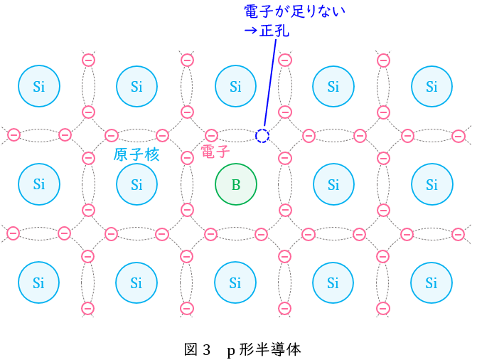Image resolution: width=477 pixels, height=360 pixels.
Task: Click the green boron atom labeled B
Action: pos(236,184)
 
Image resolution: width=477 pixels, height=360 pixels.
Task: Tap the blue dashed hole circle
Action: pos(262,136)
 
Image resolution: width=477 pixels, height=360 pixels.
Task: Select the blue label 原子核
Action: pos(136,154)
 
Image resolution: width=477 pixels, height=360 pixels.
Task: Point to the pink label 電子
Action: pos(215,152)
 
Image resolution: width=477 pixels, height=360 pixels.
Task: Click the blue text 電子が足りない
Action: pos(294,11)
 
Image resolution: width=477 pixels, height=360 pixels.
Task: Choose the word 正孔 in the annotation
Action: pos(274,31)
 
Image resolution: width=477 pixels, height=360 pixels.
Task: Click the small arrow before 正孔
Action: pos(250,31)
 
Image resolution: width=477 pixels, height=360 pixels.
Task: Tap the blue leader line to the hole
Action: pos(270,83)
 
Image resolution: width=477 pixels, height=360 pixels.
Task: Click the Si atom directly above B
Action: pos(236,86)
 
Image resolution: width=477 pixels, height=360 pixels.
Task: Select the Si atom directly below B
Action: pos(235,282)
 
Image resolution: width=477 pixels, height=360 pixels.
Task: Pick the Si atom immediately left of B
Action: pos(137,184)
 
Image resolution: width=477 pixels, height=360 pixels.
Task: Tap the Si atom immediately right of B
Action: pos(333,184)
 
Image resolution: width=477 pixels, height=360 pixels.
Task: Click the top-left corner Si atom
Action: pos(39,86)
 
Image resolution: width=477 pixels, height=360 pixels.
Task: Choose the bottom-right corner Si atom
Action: pos(432,282)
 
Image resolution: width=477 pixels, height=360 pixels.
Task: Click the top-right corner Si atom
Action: pos(432,86)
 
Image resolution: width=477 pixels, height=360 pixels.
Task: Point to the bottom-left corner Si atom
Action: pos(38,282)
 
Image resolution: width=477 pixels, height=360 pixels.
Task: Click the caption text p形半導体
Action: pos(264,350)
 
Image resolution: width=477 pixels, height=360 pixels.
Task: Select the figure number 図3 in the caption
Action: pos(197,350)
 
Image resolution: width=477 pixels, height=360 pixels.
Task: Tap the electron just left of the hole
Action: pos(211,135)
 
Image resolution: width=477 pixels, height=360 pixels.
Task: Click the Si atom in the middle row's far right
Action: pos(432,184)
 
